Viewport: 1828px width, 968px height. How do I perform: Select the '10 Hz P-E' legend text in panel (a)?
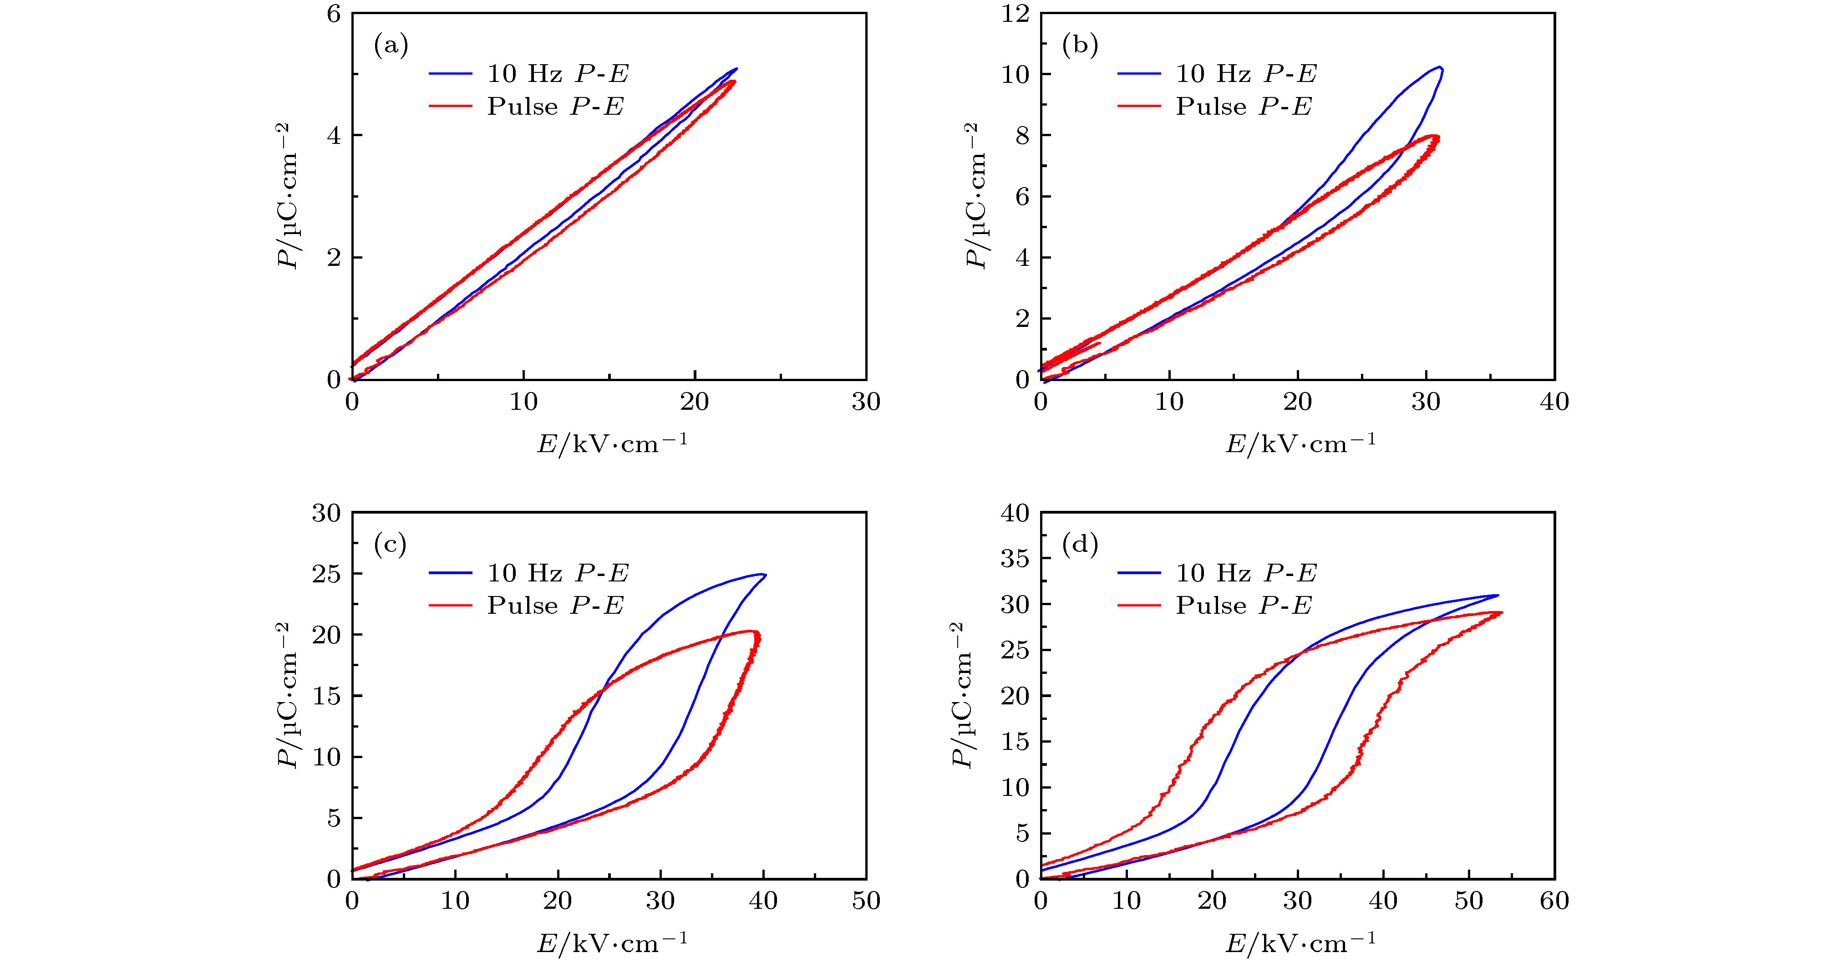tap(558, 74)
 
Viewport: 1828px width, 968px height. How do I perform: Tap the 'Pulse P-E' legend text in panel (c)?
tap(555, 606)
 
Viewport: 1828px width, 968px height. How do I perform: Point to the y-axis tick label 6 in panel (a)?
tap(334, 14)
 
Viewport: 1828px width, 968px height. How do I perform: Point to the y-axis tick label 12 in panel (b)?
tap(1015, 14)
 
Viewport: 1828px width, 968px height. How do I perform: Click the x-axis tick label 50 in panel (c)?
tap(866, 901)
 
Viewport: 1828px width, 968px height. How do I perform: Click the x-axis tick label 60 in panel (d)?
tap(1554, 901)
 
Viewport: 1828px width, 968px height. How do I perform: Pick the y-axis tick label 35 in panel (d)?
tap(1015, 559)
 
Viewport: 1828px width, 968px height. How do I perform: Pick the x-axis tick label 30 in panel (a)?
tap(866, 402)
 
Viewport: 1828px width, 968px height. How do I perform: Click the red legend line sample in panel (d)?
tap(1139, 606)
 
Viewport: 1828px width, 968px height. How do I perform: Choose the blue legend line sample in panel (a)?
tap(450, 74)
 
